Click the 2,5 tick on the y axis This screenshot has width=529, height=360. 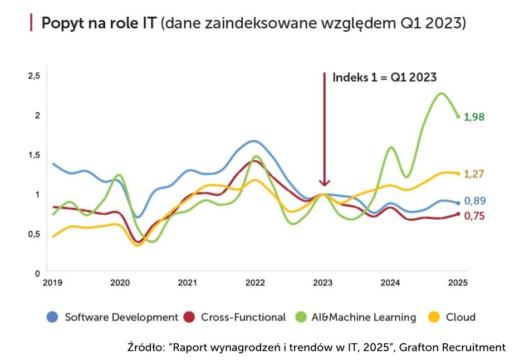[34, 76]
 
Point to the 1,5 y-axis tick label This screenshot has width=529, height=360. [34, 155]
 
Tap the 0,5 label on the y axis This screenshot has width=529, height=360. [34, 234]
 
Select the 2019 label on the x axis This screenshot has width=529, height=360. [52, 283]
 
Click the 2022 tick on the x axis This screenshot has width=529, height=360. [255, 283]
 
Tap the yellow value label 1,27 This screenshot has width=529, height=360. [474, 174]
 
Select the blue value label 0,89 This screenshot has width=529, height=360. [474, 201]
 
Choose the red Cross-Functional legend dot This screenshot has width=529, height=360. [190, 317]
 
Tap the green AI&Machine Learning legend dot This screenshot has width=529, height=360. [300, 317]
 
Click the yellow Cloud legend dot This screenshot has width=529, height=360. [434, 317]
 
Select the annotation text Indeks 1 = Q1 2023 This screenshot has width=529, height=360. [384, 78]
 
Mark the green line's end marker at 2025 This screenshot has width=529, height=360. [458, 116]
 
